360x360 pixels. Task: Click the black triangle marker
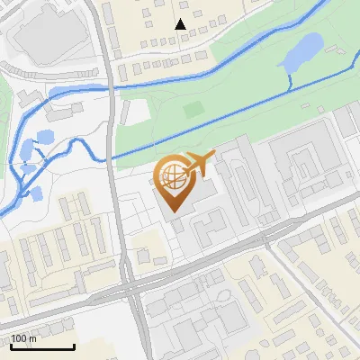tap(181, 24)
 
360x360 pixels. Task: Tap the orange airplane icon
tap(199, 165)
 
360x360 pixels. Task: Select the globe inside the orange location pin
tap(174, 178)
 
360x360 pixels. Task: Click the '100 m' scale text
tap(23, 338)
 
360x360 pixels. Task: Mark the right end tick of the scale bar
tap(74, 346)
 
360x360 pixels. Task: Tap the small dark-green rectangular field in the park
tap(193, 109)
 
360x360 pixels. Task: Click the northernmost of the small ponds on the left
tap(43, 138)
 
